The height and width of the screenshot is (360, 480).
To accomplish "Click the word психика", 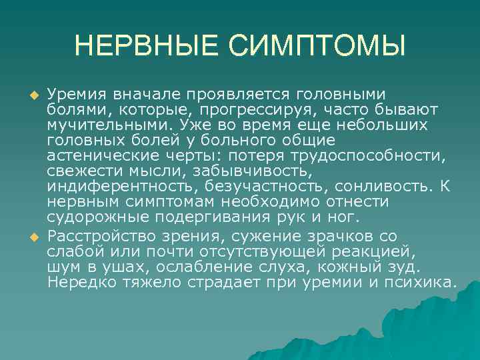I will click(422, 282).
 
